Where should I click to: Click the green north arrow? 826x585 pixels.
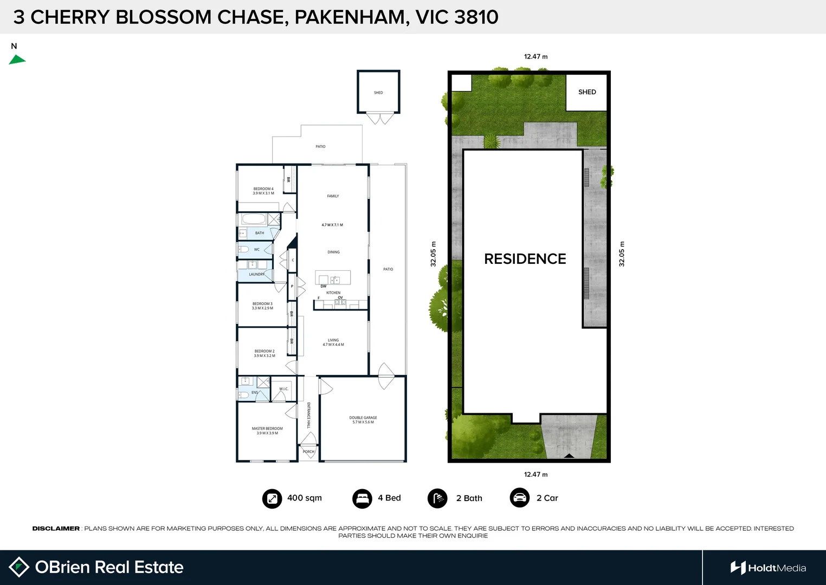click(17, 60)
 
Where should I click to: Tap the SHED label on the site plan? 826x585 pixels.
click(587, 92)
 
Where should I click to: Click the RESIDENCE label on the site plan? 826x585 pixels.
click(525, 259)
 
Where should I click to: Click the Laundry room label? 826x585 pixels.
click(257, 274)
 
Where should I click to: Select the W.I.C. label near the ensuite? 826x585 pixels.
click(284, 389)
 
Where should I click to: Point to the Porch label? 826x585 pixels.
click(308, 451)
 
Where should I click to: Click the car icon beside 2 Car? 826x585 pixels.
click(520, 498)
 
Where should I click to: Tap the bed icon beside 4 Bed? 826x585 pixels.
click(362, 498)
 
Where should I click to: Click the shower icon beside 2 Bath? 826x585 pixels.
click(437, 498)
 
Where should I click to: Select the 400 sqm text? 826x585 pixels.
click(304, 498)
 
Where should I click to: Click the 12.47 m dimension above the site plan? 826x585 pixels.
click(535, 56)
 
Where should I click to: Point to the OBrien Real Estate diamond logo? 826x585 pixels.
click(20, 567)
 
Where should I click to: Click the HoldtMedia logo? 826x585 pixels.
click(768, 568)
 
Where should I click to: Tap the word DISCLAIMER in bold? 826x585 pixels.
click(56, 529)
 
